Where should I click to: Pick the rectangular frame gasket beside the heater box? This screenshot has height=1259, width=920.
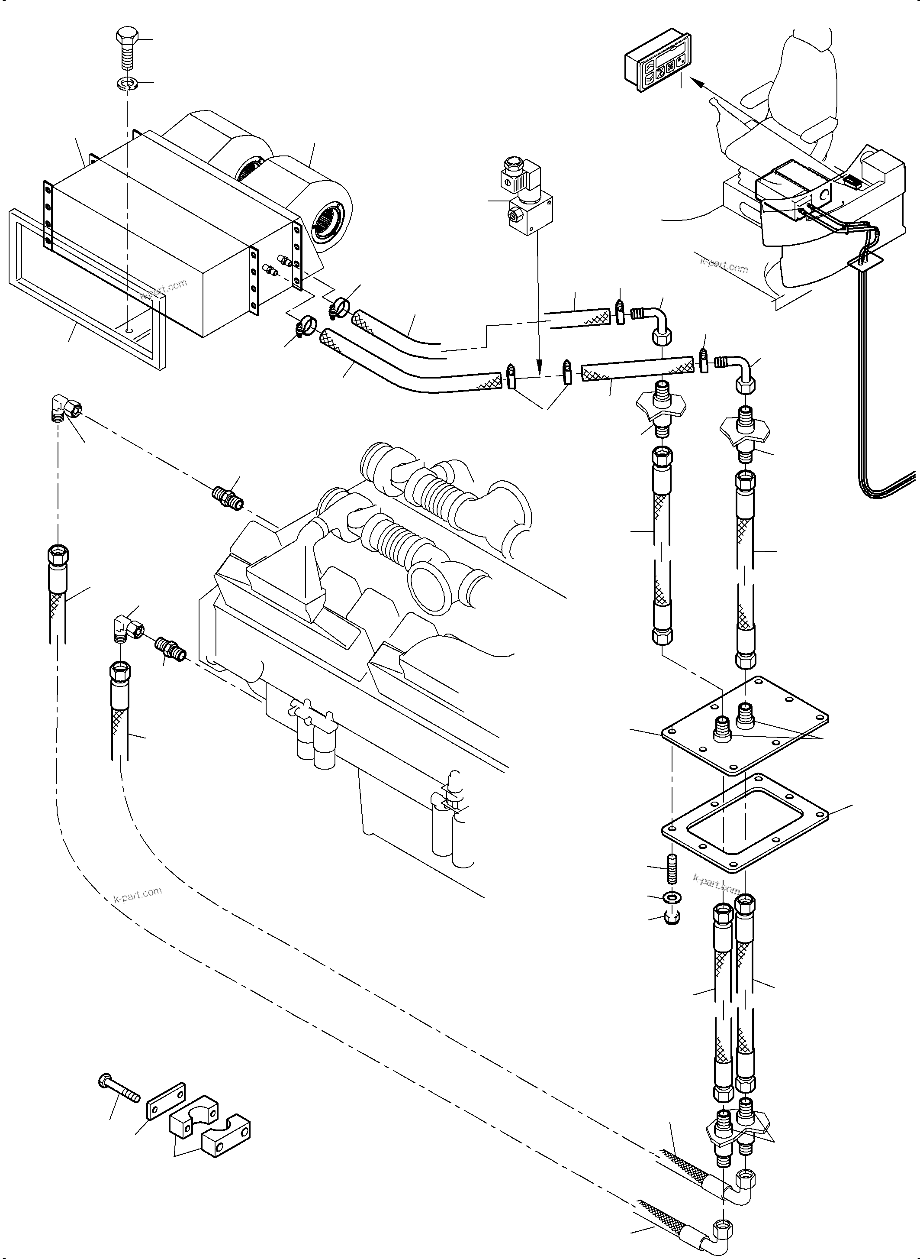pos(84,290)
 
